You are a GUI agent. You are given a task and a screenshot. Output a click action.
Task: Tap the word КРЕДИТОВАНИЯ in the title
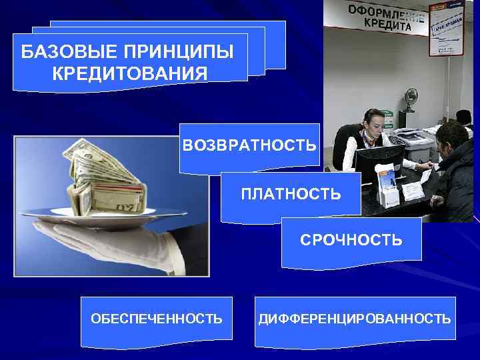click(x=129, y=72)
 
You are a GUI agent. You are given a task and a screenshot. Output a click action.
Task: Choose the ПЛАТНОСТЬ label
click(x=291, y=194)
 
